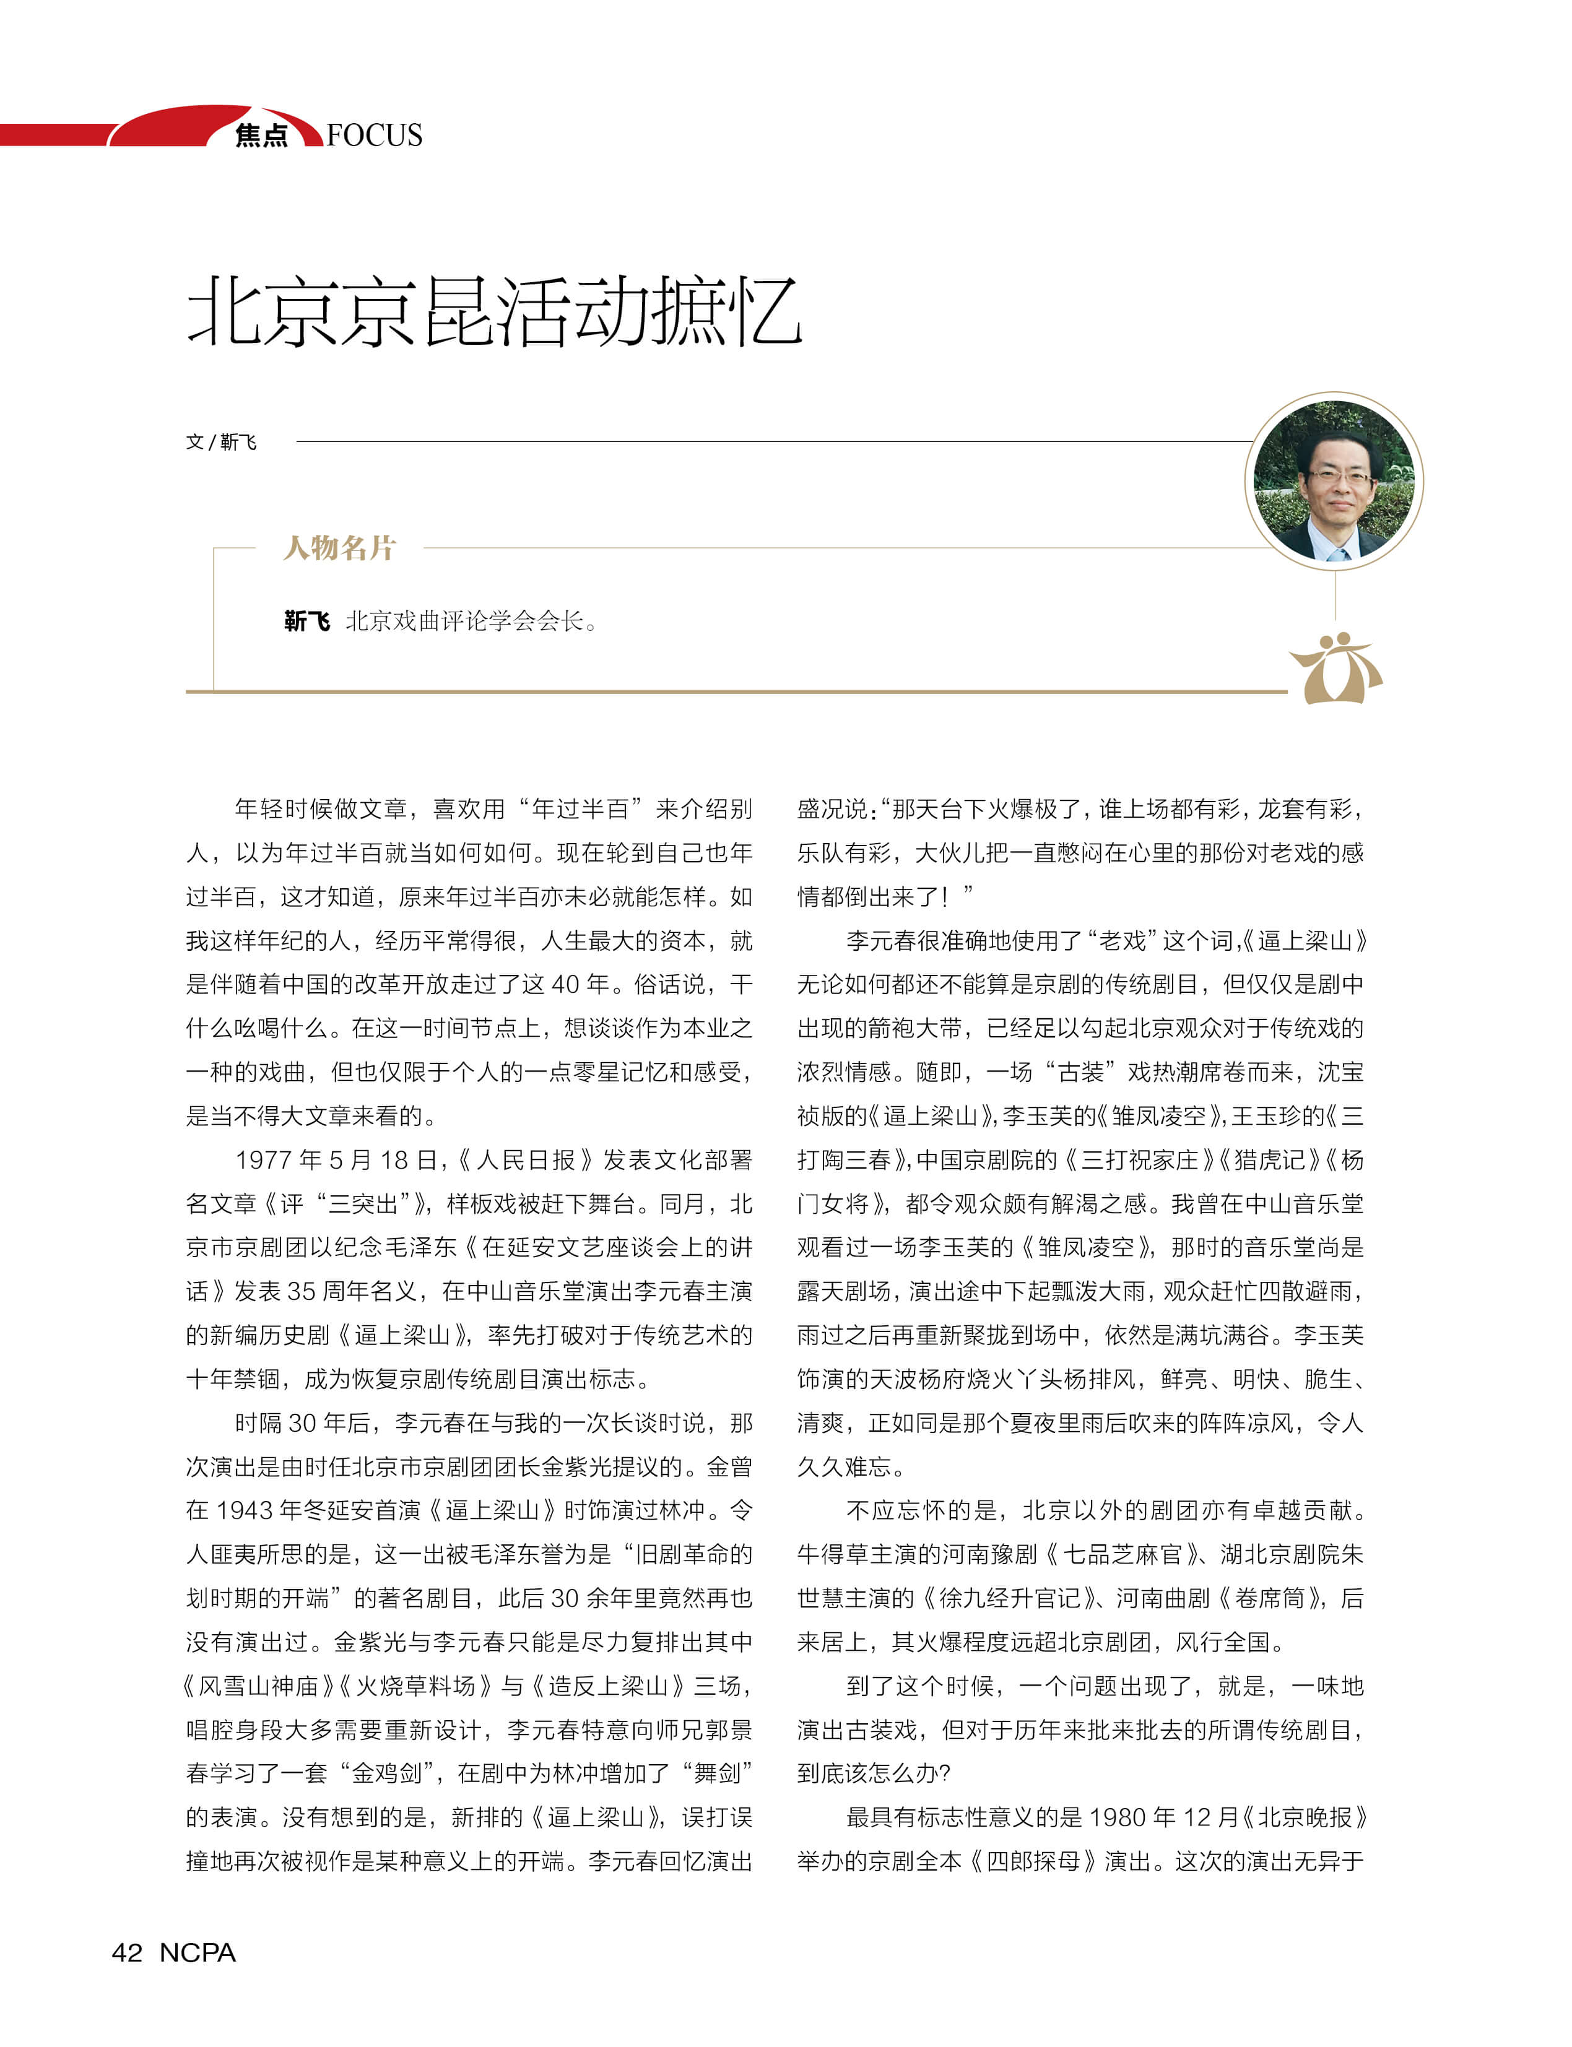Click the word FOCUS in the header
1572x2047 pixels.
tap(375, 136)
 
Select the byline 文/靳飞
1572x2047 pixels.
tap(221, 441)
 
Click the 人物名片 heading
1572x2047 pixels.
tap(340, 547)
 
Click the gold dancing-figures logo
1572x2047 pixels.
tap(1335, 667)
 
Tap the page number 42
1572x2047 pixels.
tap(128, 1952)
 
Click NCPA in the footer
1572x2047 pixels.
tap(198, 1952)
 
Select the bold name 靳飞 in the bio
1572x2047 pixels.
tap(307, 621)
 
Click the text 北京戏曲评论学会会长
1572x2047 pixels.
tap(465, 621)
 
